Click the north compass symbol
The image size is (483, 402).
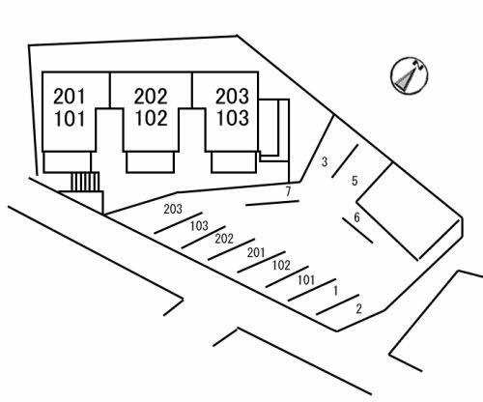(x=410, y=76)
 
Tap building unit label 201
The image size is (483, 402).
(x=70, y=97)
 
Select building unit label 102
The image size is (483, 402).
(x=152, y=118)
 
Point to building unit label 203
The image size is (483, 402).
(x=232, y=97)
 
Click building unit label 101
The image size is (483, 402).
(x=70, y=119)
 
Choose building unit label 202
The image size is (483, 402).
(x=151, y=97)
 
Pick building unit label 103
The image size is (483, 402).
(x=233, y=118)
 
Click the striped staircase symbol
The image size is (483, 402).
(x=85, y=182)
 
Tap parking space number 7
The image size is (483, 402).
(x=288, y=191)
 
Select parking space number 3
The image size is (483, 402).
(x=325, y=162)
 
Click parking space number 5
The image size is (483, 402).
(x=355, y=181)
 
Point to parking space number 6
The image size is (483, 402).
(x=356, y=217)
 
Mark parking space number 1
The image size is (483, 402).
(x=335, y=291)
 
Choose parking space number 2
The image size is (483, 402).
(x=358, y=309)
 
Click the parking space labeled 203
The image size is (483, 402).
(x=173, y=209)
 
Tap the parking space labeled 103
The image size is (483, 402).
(x=199, y=226)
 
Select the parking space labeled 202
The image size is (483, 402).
(x=224, y=239)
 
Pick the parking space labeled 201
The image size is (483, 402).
(x=256, y=253)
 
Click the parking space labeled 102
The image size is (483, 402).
(x=281, y=266)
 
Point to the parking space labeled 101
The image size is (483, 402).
(x=306, y=280)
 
